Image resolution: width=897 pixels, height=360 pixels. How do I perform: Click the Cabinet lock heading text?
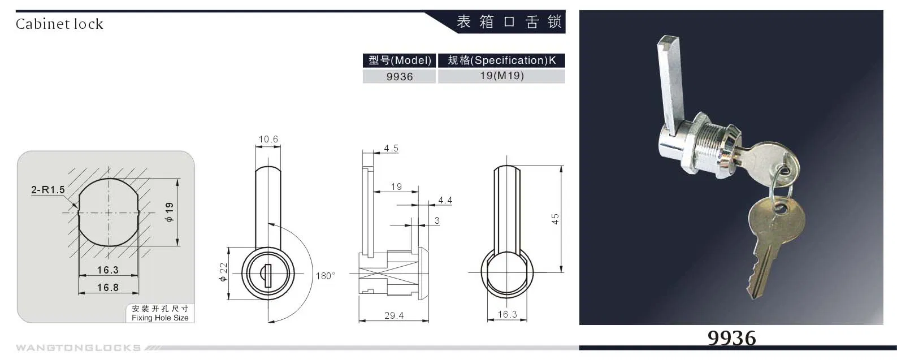tap(59, 24)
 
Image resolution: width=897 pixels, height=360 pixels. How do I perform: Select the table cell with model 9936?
tap(400, 76)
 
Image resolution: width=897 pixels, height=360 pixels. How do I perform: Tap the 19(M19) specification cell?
tap(501, 76)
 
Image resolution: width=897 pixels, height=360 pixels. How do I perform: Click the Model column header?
tap(400, 60)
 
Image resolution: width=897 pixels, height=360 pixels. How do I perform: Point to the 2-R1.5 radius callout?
tap(48, 190)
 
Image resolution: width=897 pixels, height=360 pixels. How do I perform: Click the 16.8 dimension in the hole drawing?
tap(107, 288)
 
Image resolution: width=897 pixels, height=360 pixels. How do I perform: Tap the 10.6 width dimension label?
tap(268, 139)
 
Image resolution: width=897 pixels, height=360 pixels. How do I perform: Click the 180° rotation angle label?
tap(325, 276)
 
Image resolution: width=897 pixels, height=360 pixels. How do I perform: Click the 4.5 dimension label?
tap(391, 148)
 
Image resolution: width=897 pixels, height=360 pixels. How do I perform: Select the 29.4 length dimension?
tap(394, 315)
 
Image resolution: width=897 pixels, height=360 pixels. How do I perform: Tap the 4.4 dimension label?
tap(445, 200)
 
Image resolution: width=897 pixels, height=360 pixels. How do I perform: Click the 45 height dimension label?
tap(555, 219)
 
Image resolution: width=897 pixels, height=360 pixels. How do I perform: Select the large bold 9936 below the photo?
tap(731, 338)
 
